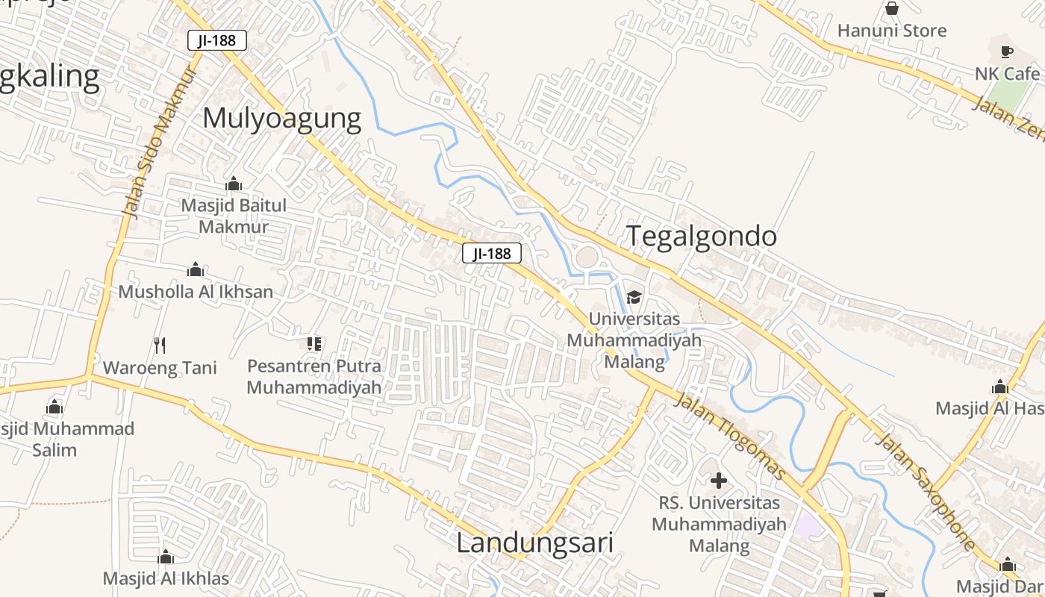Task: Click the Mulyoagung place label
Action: [x=281, y=119]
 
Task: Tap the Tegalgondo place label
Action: [x=701, y=237]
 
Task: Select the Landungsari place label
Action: [x=534, y=543]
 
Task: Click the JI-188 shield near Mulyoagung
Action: [x=216, y=40]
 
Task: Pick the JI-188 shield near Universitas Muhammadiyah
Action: [x=491, y=254]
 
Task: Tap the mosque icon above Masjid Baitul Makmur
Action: [x=234, y=184]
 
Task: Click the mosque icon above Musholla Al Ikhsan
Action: [x=196, y=269]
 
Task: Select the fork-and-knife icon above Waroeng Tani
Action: [x=159, y=345]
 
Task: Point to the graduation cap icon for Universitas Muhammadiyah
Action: [x=634, y=297]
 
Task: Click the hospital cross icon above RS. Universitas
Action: [x=718, y=481]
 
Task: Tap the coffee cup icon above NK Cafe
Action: [x=1006, y=51]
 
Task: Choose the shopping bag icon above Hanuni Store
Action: [x=891, y=9]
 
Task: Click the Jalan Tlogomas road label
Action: [x=730, y=436]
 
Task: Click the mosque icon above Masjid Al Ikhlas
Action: [x=166, y=557]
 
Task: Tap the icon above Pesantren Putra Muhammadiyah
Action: [x=314, y=344]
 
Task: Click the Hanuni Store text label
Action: [x=891, y=31]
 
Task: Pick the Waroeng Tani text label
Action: [x=160, y=368]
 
